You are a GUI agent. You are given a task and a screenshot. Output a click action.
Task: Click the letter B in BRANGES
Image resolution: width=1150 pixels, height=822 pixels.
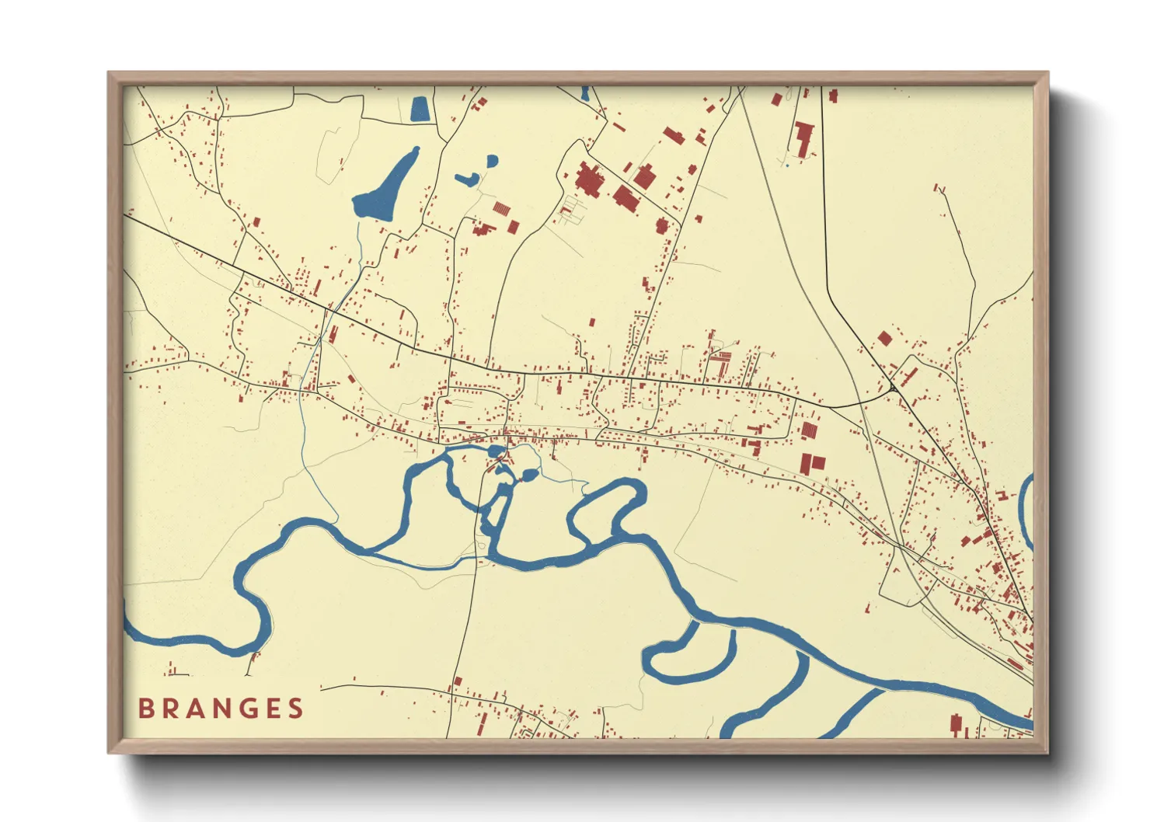[x=145, y=709]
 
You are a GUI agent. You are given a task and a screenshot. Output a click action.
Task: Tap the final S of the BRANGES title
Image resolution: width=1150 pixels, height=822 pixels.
[x=295, y=709]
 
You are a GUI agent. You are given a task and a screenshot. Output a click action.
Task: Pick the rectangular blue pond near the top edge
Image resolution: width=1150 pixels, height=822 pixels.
[x=419, y=109]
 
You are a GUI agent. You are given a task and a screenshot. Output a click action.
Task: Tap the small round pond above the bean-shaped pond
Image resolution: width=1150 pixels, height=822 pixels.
[x=492, y=162]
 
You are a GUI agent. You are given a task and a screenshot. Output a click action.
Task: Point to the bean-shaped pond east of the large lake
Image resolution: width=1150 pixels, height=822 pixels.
[x=468, y=179]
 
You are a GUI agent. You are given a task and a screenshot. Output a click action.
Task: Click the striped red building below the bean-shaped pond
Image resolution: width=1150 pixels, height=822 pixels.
[x=503, y=209]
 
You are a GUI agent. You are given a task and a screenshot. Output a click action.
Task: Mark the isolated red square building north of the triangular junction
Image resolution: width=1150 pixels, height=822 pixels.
[x=884, y=338]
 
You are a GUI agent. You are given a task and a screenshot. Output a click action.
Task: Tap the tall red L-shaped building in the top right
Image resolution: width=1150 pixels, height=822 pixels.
[x=803, y=138]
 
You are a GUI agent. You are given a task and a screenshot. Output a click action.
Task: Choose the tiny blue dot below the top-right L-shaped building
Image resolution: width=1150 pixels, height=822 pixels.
[x=787, y=165]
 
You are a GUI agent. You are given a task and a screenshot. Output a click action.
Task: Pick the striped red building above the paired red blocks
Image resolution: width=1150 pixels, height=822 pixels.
[x=810, y=430]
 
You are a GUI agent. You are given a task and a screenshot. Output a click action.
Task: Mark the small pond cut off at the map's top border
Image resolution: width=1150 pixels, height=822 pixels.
[x=584, y=94]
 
